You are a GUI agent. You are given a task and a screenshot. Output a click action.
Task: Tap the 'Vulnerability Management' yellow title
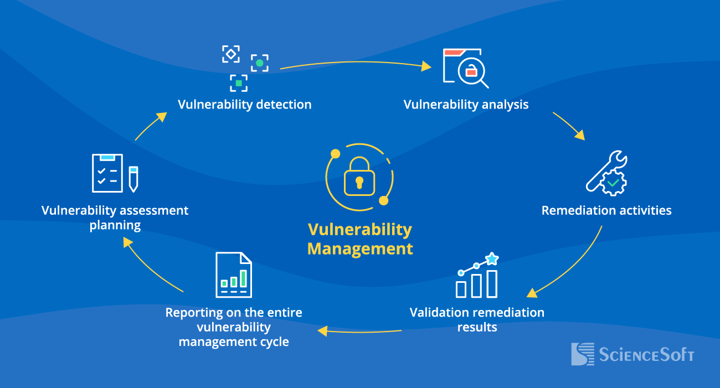[x=360, y=239]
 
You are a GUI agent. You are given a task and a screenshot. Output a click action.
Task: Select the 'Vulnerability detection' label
[x=244, y=104]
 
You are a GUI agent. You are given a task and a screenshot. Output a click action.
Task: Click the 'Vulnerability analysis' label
[x=466, y=104]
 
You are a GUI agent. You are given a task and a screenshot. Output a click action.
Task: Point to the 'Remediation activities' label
[x=606, y=210]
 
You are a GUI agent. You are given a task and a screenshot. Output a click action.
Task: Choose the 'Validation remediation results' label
[x=477, y=319]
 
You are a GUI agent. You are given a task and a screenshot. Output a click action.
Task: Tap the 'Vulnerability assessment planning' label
[x=115, y=218]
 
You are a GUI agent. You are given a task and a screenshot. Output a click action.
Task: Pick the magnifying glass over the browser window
[x=474, y=74]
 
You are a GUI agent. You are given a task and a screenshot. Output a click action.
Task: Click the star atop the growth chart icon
[x=491, y=258]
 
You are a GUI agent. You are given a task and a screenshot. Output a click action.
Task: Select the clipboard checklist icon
[x=107, y=173]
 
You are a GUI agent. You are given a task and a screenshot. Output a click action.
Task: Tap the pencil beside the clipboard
[x=133, y=178]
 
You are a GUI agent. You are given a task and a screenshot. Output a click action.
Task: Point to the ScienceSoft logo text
[x=646, y=355]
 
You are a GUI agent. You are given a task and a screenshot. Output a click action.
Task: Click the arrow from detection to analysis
[x=354, y=64]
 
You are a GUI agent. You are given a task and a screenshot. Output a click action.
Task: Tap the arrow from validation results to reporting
[x=360, y=332]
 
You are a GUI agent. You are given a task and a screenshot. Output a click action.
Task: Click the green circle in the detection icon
[x=259, y=63]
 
